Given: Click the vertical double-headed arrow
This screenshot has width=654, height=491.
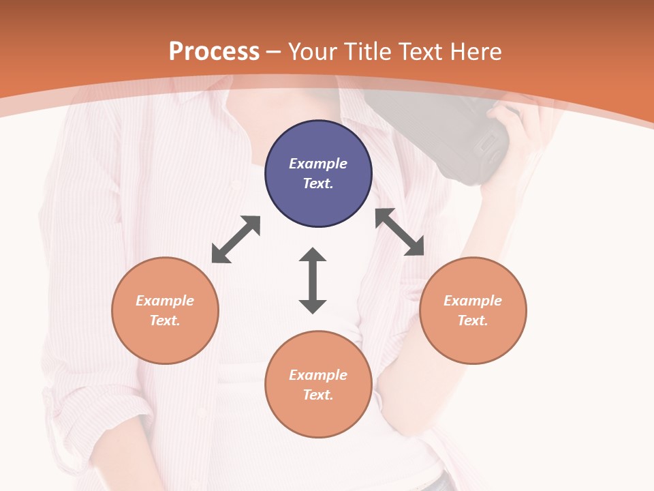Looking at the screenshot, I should pos(313,281).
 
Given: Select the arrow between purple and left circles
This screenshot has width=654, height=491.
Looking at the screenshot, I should pos(236,239).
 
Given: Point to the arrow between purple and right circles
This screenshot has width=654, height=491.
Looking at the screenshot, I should pos(399,232).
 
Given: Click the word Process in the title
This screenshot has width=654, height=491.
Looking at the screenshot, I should pos(214,51).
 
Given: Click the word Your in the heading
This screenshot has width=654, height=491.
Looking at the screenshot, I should pos(312,51).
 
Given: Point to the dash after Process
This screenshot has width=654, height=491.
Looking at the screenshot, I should pos(274,52).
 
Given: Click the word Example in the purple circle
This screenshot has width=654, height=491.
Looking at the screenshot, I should pos(318,164).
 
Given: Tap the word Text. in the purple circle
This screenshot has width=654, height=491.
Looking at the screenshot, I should pos(318,183).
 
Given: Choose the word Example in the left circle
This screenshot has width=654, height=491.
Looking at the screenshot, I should pos(165,301).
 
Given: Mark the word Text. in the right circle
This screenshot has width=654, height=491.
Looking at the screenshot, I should pos(473,321).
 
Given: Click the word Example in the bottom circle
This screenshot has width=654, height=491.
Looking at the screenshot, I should pos(318,375).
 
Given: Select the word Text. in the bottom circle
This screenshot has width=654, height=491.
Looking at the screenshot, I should pos(318,395).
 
